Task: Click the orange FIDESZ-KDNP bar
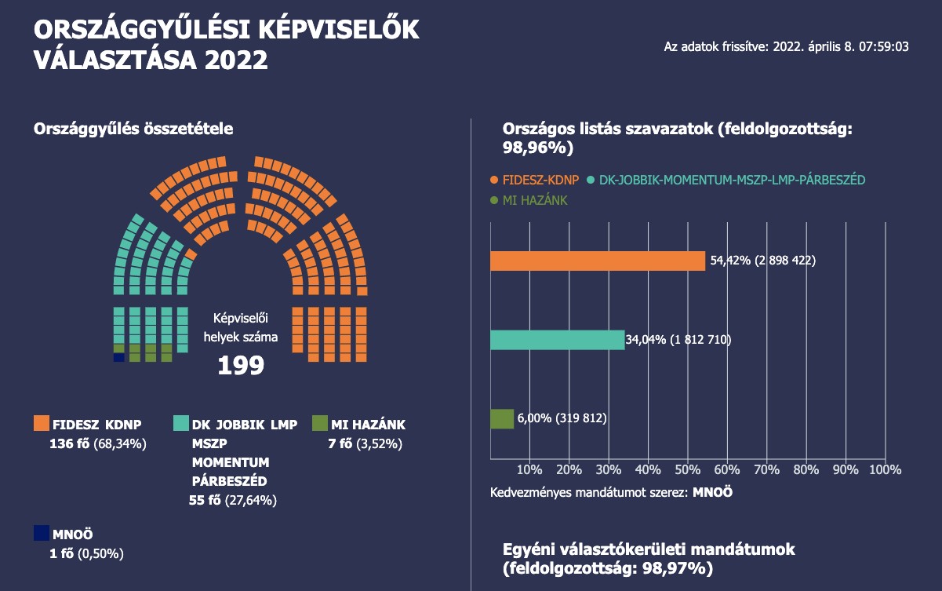point(598,261)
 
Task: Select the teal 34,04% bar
point(557,340)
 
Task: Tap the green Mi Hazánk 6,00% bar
point(502,419)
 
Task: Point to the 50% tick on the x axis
point(687,469)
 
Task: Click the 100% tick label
point(885,469)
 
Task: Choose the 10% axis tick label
point(529,469)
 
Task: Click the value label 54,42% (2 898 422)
point(762,261)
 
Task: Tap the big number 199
point(241,366)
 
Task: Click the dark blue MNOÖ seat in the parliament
point(119,358)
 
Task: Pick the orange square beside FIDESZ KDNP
point(42,424)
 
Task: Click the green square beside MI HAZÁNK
point(319,424)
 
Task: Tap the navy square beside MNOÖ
point(42,533)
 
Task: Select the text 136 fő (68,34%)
point(98,444)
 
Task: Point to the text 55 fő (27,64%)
point(232,500)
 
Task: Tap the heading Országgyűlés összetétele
point(133,129)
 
